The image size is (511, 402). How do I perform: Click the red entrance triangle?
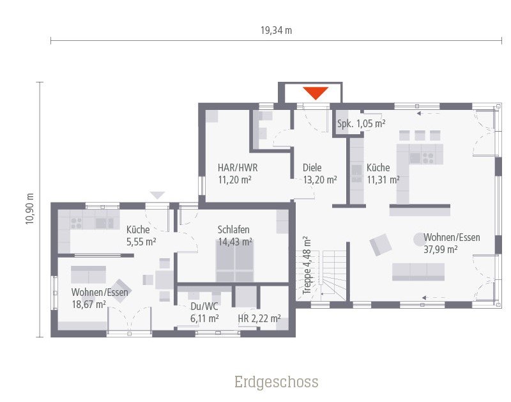316,93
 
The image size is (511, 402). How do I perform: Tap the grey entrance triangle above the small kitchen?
157,196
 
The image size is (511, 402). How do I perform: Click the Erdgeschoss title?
276,382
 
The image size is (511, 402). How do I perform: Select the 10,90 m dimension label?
29,209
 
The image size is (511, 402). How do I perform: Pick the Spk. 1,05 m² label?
361,123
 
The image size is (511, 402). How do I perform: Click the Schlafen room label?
233,230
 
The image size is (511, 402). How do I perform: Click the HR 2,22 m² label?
259,318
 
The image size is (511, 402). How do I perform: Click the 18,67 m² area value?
89,304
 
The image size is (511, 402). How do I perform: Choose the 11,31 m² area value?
383,180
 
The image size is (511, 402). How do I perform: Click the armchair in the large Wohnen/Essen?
381,244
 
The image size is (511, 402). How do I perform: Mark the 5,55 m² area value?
141,242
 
